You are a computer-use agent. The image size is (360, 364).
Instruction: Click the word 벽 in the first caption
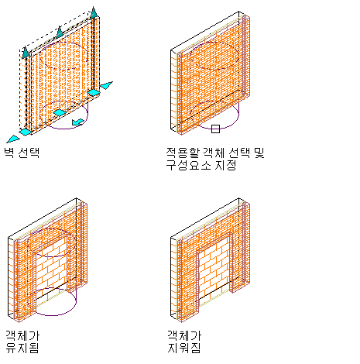point(9,153)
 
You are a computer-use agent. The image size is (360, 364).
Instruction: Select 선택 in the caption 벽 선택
point(29,153)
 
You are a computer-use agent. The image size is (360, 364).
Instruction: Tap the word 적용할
point(183,153)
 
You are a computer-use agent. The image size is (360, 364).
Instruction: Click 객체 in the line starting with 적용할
point(214,153)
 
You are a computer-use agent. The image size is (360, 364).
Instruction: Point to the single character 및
point(259,153)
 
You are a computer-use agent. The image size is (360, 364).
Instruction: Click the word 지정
point(226,165)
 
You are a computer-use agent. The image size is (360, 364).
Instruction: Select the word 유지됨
point(22,348)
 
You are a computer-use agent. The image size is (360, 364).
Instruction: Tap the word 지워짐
point(184,348)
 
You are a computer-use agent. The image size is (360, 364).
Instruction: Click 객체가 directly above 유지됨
point(22,335)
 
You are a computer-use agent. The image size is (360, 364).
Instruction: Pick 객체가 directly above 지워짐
point(184,335)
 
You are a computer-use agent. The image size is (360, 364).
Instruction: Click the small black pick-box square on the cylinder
point(215,129)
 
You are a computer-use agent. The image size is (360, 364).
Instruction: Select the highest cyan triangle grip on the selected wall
point(94,13)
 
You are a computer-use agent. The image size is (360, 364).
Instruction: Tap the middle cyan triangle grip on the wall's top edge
point(60,32)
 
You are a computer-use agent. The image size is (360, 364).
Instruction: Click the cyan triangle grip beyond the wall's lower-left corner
point(13,139)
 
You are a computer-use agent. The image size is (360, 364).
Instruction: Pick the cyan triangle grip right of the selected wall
point(107,85)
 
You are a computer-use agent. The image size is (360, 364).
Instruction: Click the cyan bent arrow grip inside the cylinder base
point(77,122)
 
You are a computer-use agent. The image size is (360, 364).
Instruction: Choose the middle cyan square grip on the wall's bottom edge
point(60,112)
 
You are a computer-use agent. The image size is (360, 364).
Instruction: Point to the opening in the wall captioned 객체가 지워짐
point(214,270)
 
